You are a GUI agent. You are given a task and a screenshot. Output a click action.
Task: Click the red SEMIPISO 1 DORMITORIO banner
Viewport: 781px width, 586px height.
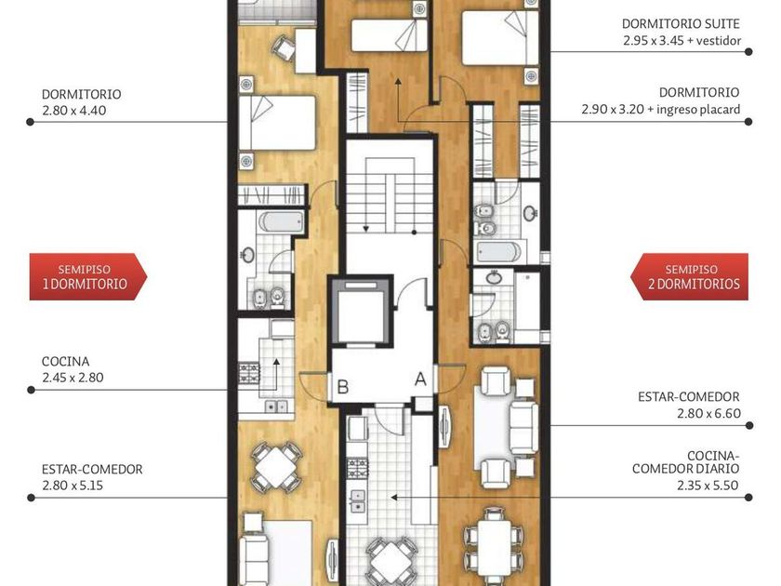coord(88,276)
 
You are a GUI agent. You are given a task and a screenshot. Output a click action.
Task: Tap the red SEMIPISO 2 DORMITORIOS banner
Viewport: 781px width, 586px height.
coord(689,276)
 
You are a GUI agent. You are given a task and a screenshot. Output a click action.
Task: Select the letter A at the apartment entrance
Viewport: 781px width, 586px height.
coord(421,380)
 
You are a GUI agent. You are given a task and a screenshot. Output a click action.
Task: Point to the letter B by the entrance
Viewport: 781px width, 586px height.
coord(343,387)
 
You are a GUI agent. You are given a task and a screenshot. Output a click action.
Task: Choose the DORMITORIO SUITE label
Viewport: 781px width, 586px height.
coord(681,23)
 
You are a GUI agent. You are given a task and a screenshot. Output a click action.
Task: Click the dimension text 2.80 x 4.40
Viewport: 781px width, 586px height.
coord(73,111)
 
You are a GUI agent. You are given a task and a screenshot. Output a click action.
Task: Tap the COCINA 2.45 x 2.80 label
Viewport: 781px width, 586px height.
coord(73,369)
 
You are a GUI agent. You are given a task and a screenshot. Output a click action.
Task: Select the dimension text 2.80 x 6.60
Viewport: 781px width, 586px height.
coord(708,413)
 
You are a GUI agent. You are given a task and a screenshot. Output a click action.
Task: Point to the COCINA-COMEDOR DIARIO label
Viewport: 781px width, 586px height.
coord(686,462)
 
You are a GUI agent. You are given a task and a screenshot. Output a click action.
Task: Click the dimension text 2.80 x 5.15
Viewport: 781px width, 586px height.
coord(73,486)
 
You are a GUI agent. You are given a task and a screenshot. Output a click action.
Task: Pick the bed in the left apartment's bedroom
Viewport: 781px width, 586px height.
coord(277,123)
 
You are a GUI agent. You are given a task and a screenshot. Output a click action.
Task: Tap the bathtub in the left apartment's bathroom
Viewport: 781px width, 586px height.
coord(282,221)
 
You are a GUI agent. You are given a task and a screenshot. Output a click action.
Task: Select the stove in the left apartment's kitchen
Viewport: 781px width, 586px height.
coord(249,374)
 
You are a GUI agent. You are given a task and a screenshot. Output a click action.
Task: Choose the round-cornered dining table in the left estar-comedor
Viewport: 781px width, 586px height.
coord(275,467)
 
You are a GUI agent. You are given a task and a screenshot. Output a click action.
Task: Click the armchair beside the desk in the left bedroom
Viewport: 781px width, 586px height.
coord(285,47)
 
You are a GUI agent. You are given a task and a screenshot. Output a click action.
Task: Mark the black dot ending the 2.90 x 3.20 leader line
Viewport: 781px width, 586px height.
coord(748,122)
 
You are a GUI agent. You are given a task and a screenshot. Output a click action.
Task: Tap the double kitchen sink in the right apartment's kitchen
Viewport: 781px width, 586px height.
coord(357,500)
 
